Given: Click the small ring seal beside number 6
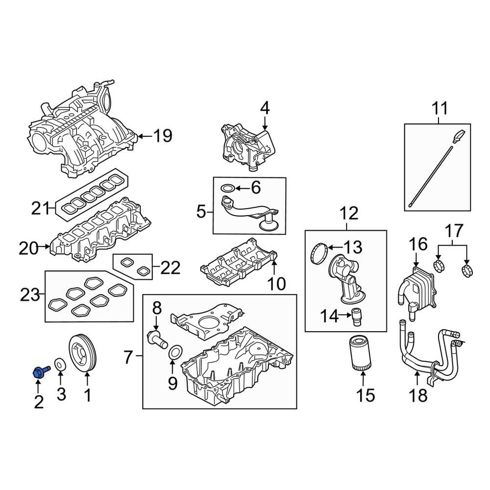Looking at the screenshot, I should pos(227,188).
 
